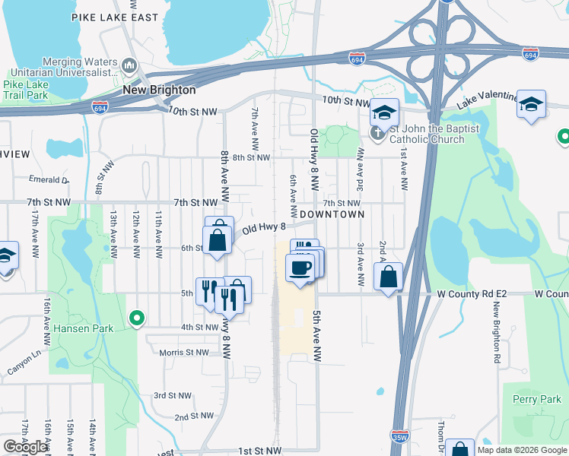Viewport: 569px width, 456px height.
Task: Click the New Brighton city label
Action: click(x=159, y=90)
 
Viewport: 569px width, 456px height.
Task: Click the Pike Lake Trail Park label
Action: click(x=26, y=90)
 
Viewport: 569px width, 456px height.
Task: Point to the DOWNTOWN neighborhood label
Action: click(x=332, y=214)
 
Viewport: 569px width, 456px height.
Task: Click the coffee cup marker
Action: click(x=300, y=268)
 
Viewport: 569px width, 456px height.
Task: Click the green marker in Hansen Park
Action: click(x=137, y=317)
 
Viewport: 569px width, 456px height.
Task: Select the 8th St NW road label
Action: click(x=251, y=157)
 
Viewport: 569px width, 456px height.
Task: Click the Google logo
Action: click(x=26, y=447)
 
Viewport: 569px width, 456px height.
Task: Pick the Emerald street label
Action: click(x=49, y=179)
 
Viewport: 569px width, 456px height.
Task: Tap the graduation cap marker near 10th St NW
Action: click(x=384, y=112)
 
